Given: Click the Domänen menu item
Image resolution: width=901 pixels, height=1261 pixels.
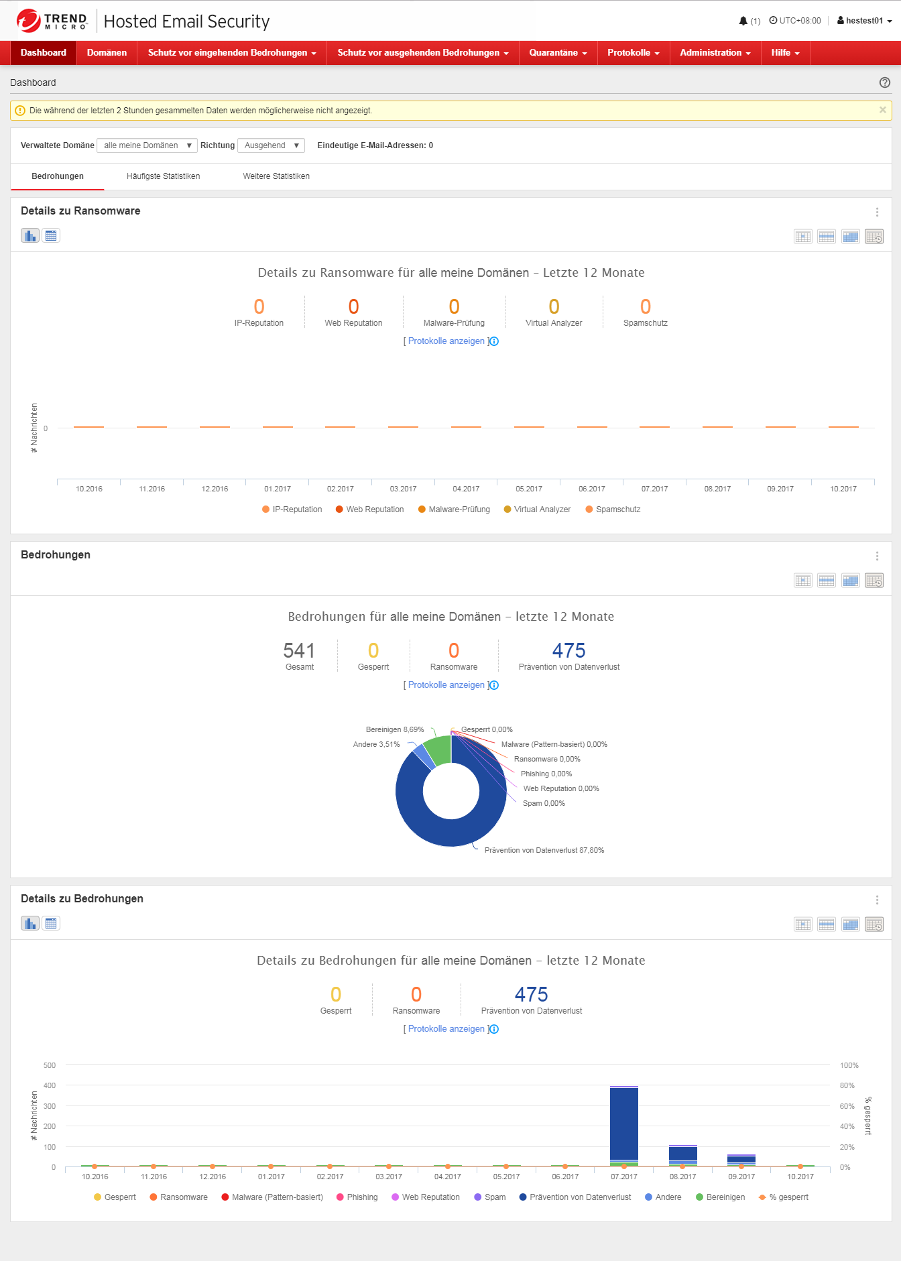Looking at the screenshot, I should [107, 53].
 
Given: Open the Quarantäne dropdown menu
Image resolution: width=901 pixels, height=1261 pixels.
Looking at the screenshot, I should [558, 53].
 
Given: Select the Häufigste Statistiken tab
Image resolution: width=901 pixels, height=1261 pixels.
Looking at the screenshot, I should [163, 176].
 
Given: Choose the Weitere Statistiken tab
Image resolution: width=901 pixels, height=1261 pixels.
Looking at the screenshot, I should [276, 176].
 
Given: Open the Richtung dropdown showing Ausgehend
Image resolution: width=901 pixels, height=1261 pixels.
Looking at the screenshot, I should [271, 145].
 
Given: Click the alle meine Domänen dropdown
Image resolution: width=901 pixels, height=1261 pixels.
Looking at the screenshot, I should [147, 145].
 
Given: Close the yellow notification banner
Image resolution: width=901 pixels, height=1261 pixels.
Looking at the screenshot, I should [882, 110].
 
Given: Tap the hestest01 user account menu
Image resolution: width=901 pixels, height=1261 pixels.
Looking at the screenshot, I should [864, 21].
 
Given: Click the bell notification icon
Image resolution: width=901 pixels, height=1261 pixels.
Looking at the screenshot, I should [743, 21].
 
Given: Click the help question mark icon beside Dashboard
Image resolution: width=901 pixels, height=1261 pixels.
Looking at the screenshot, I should [884, 82].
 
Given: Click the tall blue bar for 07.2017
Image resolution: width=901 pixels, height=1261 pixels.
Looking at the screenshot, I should [624, 1123].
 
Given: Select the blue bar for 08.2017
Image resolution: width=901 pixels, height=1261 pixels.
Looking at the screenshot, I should [682, 1154].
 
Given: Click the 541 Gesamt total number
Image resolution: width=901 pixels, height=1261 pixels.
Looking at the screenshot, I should [299, 651].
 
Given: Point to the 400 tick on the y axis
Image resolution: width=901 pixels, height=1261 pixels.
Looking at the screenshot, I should [50, 1085].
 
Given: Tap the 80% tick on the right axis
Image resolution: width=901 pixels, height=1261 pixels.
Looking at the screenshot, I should [847, 1085].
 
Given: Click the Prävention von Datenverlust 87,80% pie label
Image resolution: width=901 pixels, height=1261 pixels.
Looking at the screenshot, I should [544, 850].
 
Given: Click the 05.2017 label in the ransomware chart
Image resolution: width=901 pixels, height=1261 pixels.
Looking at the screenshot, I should [529, 489].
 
